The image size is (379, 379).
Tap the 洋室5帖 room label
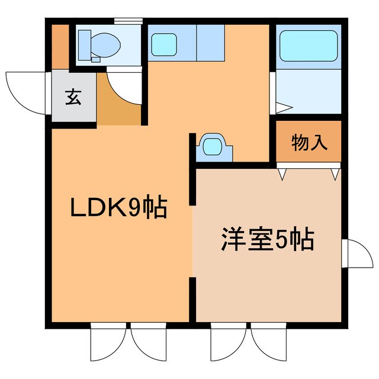pyautogui.click(x=267, y=239)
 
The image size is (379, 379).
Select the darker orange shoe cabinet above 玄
pyautogui.click(x=59, y=45)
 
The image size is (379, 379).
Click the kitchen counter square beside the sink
pyautogui.click(x=210, y=43)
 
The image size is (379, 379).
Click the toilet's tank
pyautogui.click(x=83, y=43)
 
